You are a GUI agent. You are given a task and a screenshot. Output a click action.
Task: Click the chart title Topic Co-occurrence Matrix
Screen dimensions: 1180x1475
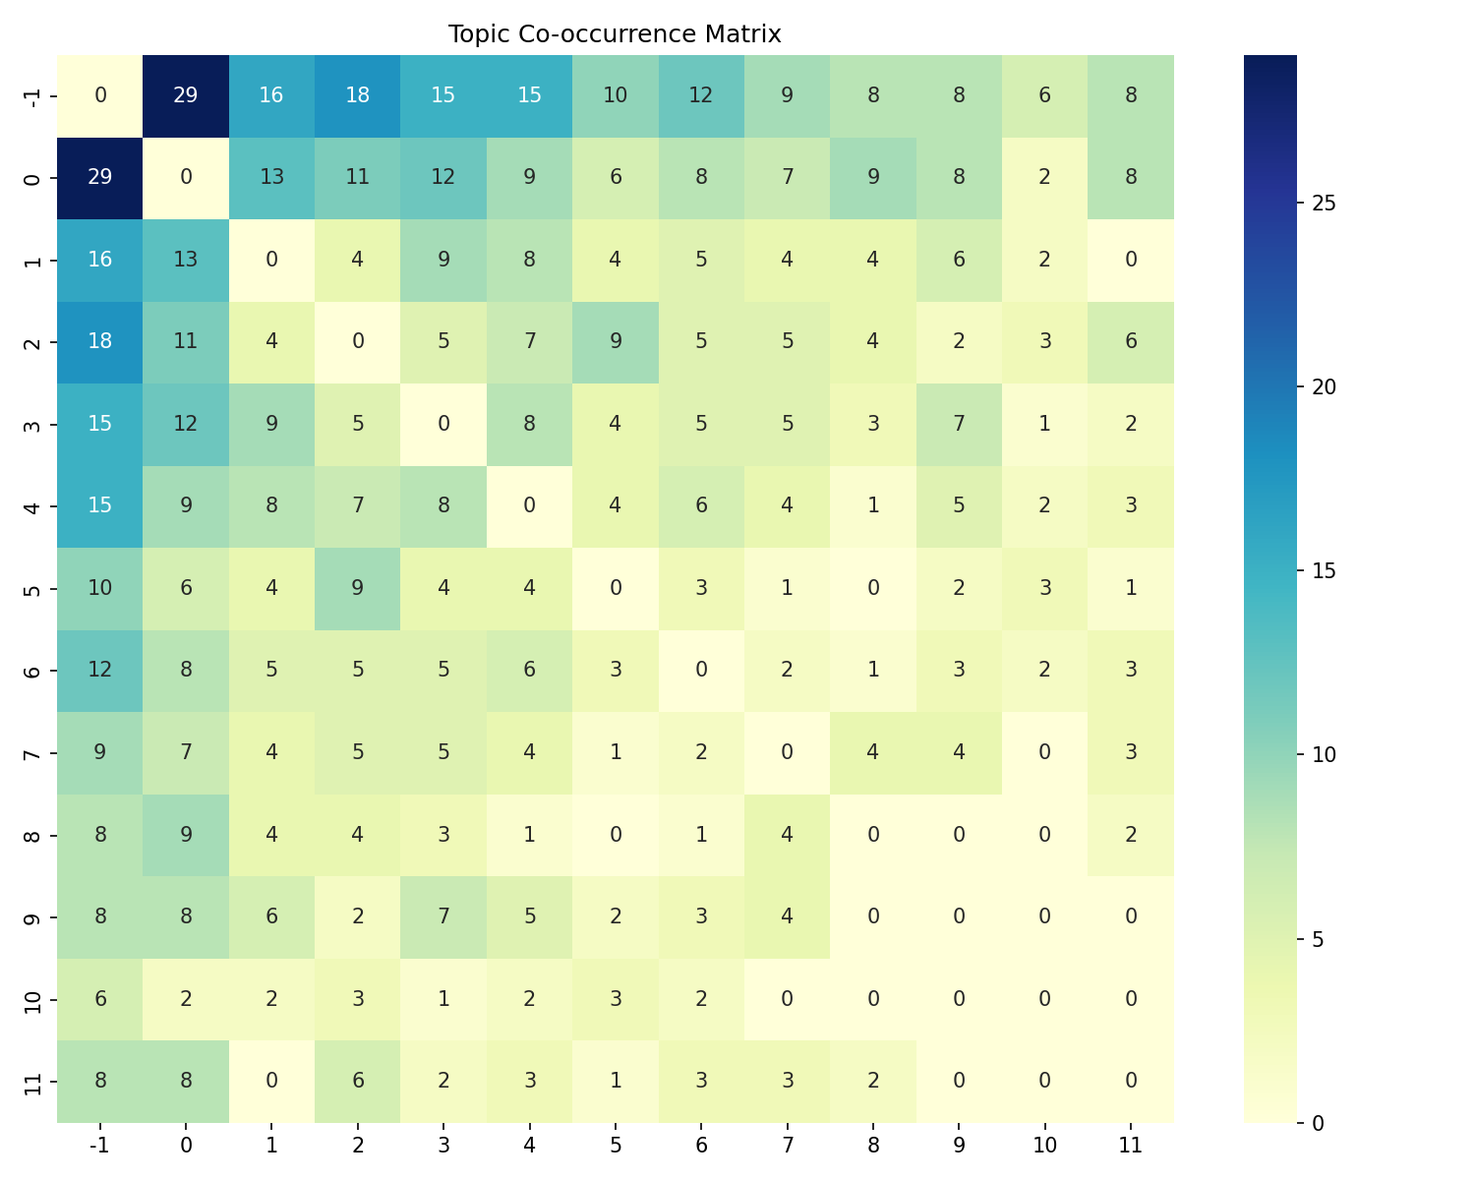615,34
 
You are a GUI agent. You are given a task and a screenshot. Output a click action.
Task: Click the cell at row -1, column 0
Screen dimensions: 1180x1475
186,95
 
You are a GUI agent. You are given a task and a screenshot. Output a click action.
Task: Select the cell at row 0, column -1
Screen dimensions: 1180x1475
100,177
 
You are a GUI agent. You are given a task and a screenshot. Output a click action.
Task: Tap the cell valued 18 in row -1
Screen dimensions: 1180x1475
358,95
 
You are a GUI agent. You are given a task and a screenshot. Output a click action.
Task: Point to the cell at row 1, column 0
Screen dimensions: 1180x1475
186,260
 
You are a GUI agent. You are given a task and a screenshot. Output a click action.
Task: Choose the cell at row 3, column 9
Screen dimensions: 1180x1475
959,424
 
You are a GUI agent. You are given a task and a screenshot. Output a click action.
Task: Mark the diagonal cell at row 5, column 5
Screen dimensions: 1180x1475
616,588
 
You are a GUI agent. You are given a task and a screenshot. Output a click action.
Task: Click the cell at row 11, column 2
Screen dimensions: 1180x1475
358,1081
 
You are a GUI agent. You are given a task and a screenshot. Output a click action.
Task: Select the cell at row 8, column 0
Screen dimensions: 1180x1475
186,834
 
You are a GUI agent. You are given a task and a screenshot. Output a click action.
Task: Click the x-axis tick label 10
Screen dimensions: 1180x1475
1044,1145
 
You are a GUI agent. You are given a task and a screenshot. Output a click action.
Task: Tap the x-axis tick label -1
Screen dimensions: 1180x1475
100,1145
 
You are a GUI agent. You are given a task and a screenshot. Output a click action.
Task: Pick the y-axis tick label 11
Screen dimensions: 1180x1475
33,1081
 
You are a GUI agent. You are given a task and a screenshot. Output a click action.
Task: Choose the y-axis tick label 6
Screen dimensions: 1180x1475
33,670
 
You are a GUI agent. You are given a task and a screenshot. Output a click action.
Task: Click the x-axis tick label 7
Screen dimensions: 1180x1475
787,1145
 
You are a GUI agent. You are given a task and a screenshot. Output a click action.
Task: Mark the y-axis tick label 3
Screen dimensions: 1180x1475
33,424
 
